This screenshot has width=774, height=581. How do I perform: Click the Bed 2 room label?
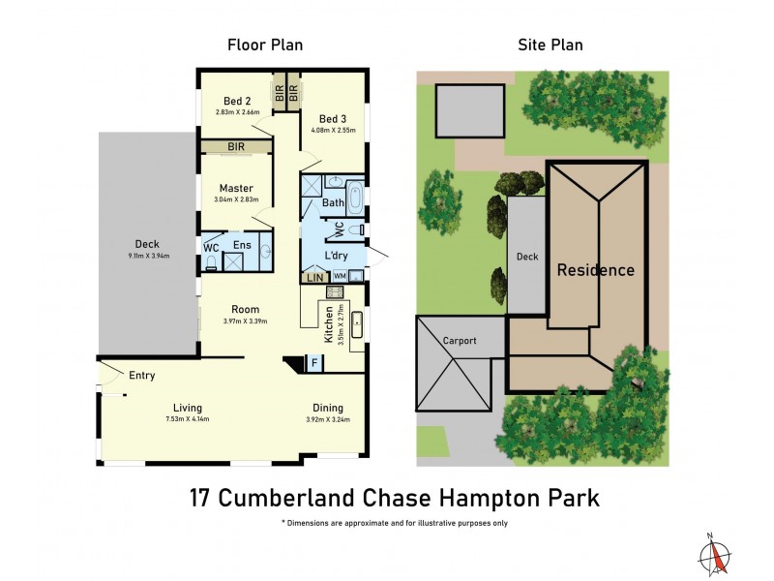237,100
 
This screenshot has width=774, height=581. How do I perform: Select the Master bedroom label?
236,188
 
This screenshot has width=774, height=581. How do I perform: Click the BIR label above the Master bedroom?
236,147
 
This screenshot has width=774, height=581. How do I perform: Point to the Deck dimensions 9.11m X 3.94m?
149,257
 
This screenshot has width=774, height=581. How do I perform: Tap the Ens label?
242,246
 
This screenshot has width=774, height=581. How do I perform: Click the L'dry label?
336,256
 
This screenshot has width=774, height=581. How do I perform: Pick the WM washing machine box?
340,277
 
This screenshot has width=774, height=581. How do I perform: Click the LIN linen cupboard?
314,278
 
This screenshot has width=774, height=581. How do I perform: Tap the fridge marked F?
313,363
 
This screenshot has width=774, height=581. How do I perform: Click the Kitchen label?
330,321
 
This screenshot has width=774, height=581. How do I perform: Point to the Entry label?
141,375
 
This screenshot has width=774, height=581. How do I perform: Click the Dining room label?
327,408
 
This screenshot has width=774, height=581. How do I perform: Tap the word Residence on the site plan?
596,270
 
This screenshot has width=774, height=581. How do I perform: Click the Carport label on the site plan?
461,341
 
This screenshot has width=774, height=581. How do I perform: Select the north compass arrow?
714,554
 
